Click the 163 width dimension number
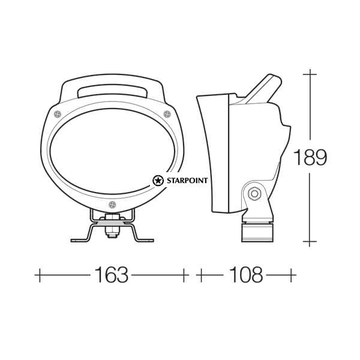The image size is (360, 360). [112, 275]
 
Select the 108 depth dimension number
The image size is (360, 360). [245, 275]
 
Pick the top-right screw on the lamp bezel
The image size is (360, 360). [167, 113]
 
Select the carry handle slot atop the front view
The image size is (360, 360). [112, 91]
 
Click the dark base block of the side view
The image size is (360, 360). [257, 232]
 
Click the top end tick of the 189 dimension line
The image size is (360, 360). [310, 73]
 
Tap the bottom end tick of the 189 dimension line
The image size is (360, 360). [310, 242]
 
